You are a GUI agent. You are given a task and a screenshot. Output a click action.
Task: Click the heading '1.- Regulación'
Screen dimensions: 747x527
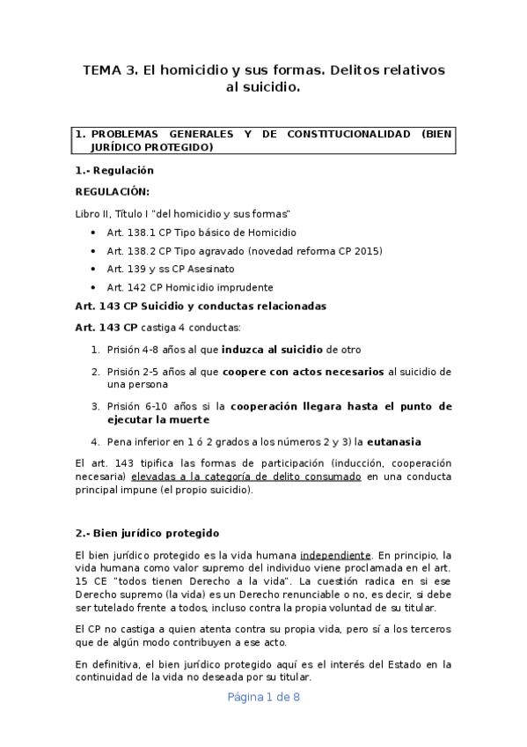click(114, 171)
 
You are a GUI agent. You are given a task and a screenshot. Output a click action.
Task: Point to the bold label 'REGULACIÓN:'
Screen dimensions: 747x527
click(112, 192)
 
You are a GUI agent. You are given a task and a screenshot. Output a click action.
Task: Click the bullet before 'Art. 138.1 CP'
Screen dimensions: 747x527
click(93, 233)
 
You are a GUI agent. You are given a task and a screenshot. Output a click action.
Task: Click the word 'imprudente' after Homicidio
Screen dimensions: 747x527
click(245, 287)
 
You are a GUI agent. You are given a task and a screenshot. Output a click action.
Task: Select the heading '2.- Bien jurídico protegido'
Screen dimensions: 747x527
click(147, 533)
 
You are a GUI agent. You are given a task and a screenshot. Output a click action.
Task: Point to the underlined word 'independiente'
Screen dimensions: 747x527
click(335, 555)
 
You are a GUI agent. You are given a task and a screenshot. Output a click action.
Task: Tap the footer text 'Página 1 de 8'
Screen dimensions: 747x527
click(264, 697)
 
